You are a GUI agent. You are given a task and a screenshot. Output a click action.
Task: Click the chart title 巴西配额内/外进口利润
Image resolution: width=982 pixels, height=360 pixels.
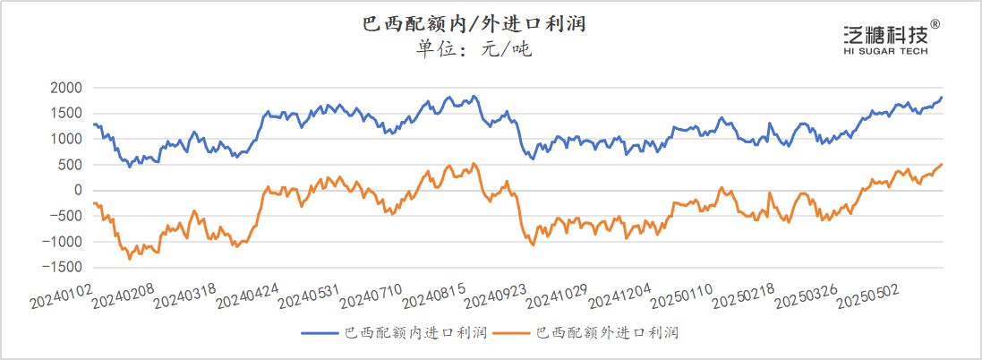(x=474, y=22)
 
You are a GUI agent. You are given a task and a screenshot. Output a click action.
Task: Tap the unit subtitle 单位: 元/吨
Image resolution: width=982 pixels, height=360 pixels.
(x=474, y=48)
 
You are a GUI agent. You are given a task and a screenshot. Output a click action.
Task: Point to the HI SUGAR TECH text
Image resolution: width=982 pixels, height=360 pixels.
(x=886, y=52)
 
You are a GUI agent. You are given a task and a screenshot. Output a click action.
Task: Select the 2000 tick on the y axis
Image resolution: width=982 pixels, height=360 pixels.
(x=67, y=88)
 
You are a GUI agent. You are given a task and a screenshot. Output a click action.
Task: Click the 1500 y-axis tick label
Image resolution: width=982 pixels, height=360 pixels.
(x=67, y=114)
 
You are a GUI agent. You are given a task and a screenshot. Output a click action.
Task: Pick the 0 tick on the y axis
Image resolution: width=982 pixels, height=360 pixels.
(x=79, y=190)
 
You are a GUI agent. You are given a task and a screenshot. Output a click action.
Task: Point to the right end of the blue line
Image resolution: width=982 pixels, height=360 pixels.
(x=942, y=97)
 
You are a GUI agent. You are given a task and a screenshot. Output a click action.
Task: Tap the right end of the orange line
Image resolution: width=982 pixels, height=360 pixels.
(x=942, y=164)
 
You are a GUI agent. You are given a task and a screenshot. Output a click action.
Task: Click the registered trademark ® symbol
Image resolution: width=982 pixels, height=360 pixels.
(x=935, y=24)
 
